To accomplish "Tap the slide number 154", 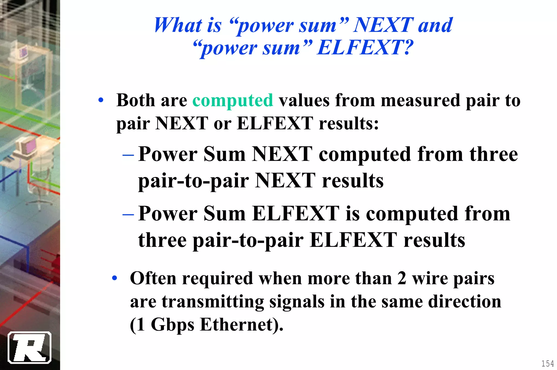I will pyautogui.click(x=547, y=363).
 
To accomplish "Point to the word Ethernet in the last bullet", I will pyautogui.click(x=236, y=325).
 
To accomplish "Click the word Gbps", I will pyautogui.click(x=172, y=325).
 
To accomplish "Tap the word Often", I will pyautogui.click(x=153, y=278).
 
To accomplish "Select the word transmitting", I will pyautogui.click(x=213, y=301).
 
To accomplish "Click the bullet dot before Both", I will pyautogui.click(x=101, y=100).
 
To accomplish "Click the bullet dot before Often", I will pyautogui.click(x=115, y=278).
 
